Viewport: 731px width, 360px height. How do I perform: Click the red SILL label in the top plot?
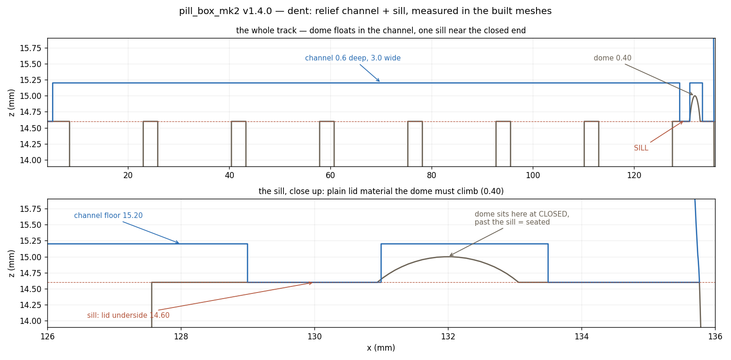coord(641,148)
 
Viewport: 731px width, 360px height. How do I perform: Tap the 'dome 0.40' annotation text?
coord(612,58)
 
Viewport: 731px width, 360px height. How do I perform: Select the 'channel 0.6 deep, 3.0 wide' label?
coord(353,58)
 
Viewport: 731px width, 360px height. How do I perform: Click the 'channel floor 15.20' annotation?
coord(108,216)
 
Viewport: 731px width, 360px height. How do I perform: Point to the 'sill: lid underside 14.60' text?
coord(128,315)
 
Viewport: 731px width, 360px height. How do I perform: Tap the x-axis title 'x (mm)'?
coord(381,348)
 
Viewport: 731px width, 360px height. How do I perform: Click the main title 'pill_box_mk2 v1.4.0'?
coord(225,11)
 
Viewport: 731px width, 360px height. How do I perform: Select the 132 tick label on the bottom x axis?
coord(448,336)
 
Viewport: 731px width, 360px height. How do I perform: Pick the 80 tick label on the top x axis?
coord(432,176)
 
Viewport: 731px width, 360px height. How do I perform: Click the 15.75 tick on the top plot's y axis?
coord(30,48)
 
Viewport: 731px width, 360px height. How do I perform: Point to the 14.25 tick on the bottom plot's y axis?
coord(30,305)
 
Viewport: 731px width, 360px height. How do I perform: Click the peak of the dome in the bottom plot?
coord(448,257)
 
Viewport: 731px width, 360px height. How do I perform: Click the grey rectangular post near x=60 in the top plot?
coord(327,122)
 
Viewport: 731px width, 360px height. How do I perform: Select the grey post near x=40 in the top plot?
coord(239,122)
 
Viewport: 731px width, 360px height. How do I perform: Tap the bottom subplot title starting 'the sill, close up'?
coord(381,191)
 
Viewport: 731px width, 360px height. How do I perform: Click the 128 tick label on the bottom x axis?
coord(181,336)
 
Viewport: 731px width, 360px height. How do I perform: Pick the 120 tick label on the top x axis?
coord(634,176)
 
